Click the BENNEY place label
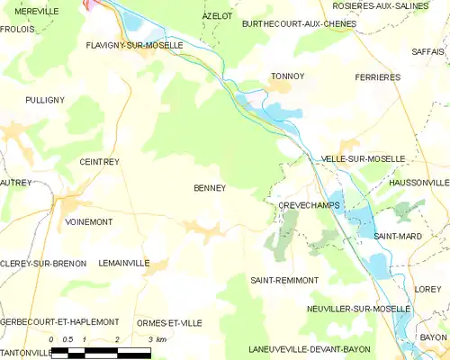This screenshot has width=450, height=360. pos(209,188)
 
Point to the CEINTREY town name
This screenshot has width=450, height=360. pos(99,162)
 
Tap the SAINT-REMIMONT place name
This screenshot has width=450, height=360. pos(284,280)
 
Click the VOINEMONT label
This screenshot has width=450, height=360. pos(89,220)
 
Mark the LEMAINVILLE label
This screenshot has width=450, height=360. pos(124,263)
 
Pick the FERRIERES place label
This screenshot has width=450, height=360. pos(377,77)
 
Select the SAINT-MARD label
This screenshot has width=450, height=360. pos(393,236)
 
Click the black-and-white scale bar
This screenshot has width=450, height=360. pos(100,353)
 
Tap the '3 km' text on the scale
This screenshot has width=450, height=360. pos(156,339)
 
